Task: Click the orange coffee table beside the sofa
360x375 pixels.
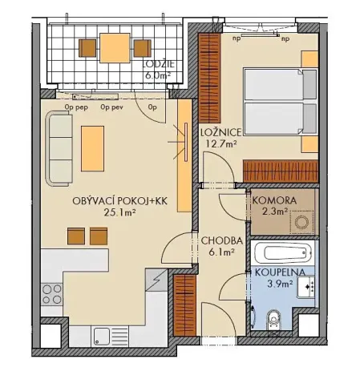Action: (x=92, y=147)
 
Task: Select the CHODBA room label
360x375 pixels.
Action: (x=218, y=240)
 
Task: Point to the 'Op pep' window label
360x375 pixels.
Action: (x=76, y=105)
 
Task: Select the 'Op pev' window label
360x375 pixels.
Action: (x=111, y=105)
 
